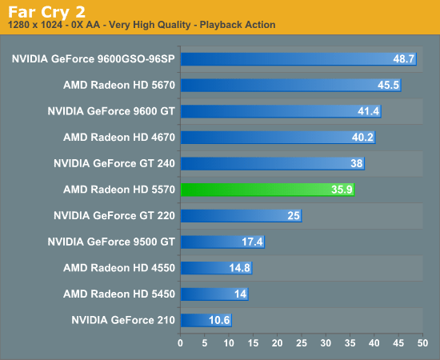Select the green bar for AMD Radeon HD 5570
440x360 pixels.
click(267, 190)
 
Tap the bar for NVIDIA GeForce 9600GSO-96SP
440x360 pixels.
click(298, 59)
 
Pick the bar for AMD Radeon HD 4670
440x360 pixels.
click(278, 138)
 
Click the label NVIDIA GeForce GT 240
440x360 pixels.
click(114, 163)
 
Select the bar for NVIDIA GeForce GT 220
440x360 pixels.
click(241, 215)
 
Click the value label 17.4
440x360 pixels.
click(252, 242)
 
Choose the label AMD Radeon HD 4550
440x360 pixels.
click(118, 267)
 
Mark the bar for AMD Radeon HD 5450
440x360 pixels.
click(214, 294)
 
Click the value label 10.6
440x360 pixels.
click(218, 320)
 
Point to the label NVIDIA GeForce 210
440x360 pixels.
click(122, 320)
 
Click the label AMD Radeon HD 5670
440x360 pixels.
click(118, 86)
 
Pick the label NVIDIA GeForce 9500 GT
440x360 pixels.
click(110, 242)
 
